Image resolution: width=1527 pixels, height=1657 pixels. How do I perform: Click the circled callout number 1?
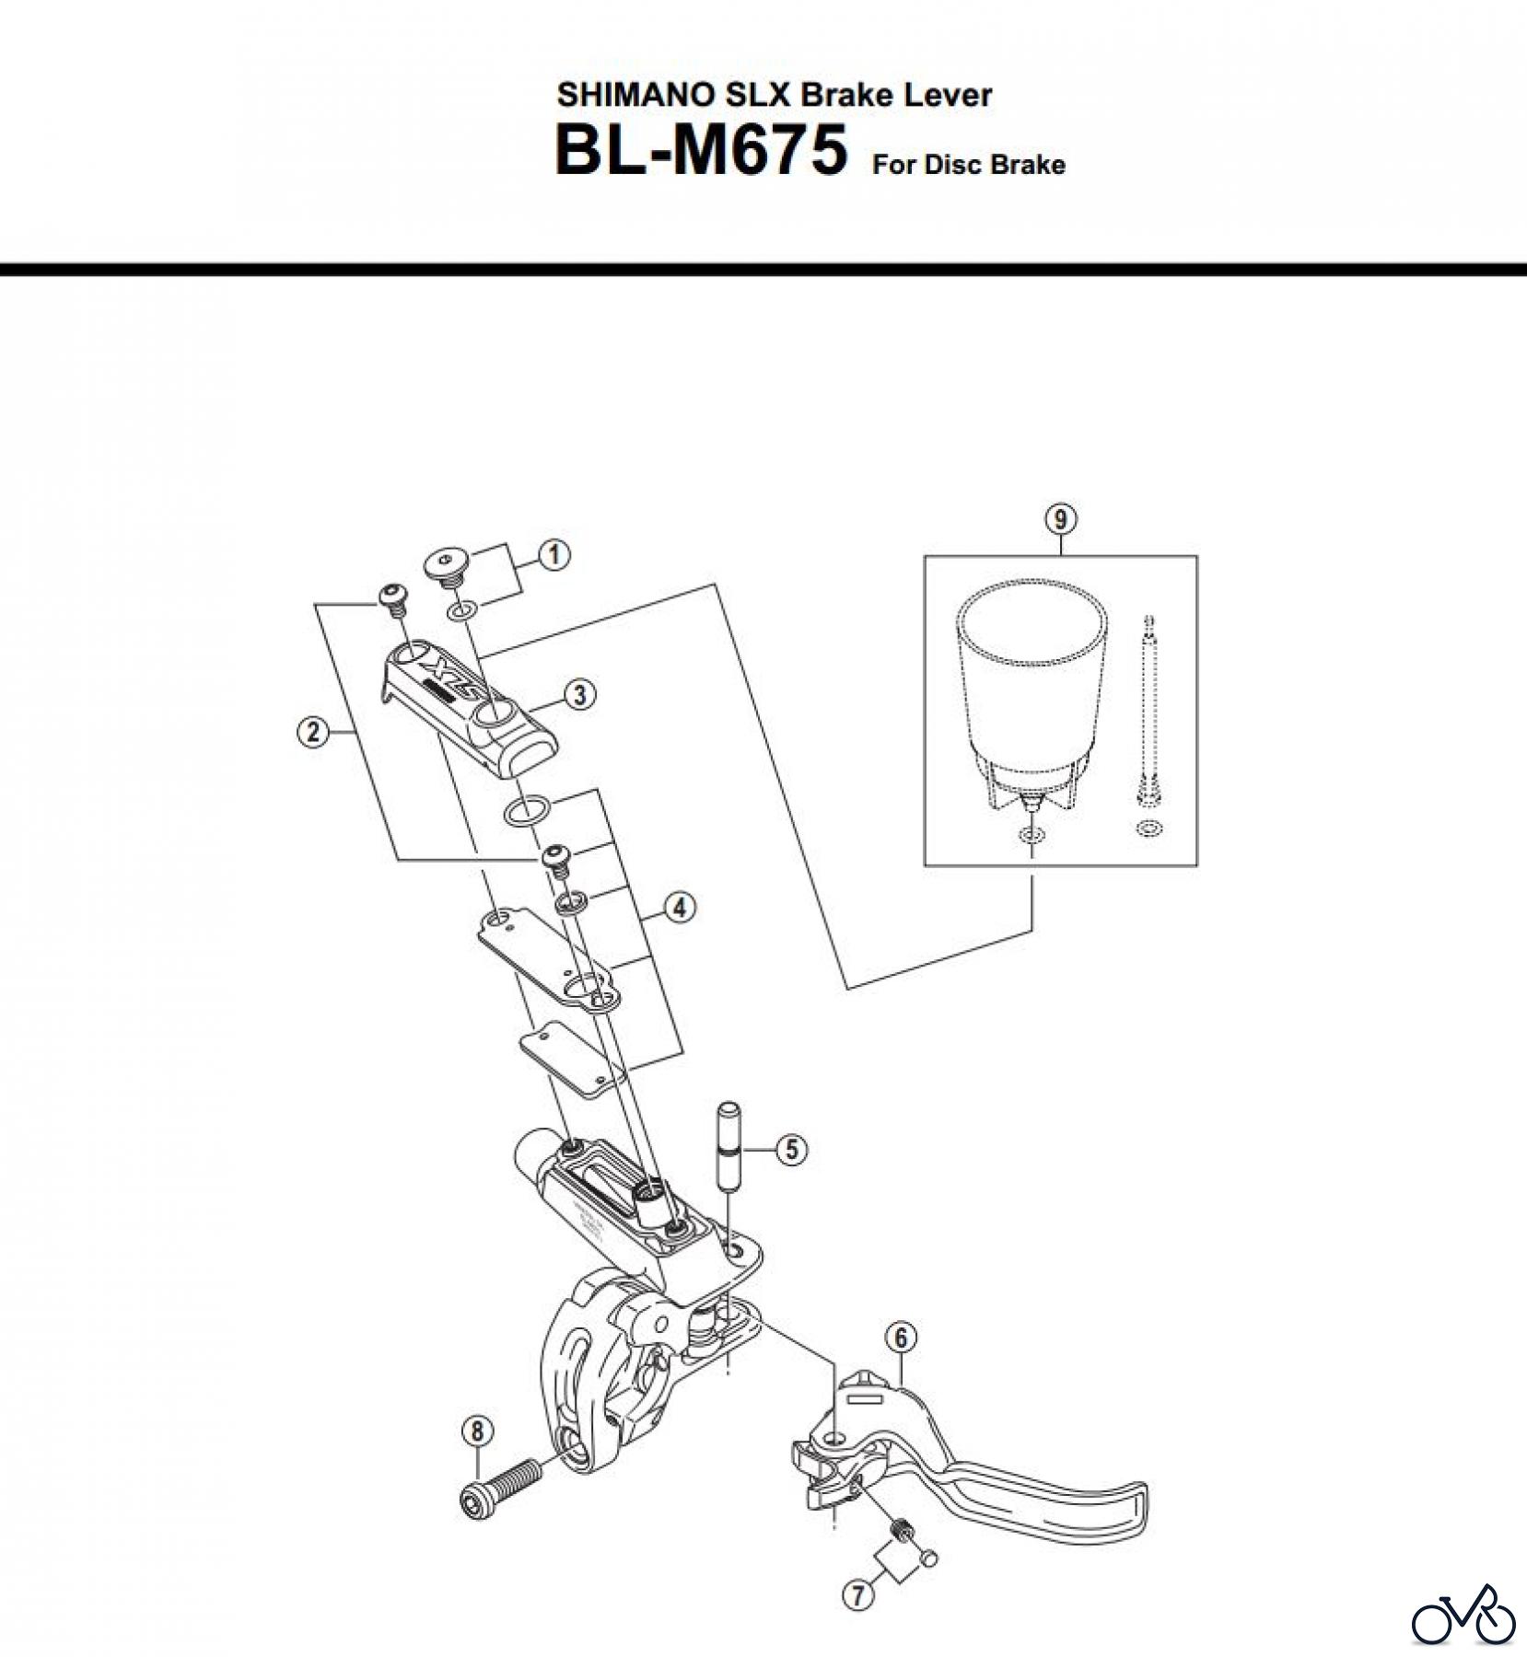coord(554,555)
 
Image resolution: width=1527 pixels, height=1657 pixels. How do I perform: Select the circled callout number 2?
coord(313,733)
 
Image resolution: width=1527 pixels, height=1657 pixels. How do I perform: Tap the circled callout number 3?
coord(578,694)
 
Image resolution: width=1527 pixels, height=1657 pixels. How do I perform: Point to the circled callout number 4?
coord(679,908)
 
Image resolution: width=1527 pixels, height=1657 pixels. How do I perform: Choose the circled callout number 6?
coord(901,1338)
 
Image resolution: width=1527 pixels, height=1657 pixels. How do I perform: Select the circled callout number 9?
coord(1060,519)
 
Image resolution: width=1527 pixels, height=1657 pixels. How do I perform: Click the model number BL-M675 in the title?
coord(700,152)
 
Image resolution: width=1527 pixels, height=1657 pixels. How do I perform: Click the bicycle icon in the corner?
coord(1463,1613)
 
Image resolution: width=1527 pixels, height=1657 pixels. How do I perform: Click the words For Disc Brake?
coord(968,165)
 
